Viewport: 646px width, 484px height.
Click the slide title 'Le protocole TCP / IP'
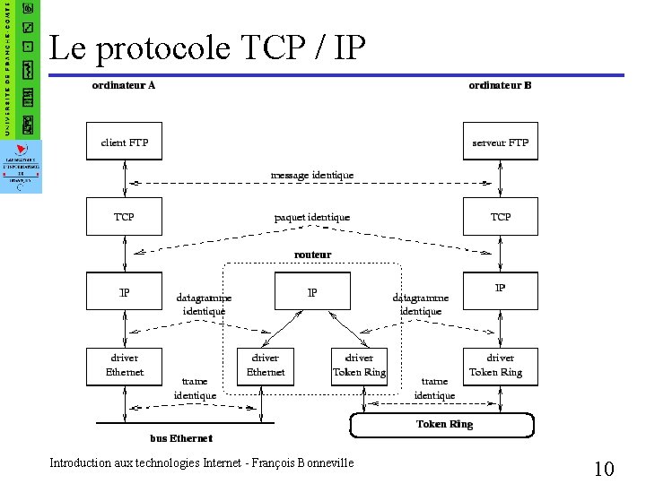[207, 48]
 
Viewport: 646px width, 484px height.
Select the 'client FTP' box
[124, 142]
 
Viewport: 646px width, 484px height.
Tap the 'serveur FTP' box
[500, 142]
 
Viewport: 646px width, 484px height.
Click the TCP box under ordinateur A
[124, 217]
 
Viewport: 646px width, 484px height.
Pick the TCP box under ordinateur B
[500, 217]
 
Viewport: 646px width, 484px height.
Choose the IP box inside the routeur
[311, 292]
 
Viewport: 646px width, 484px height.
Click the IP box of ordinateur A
[124, 292]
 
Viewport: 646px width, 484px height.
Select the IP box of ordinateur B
[500, 289]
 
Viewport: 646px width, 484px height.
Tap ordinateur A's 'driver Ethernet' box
[124, 366]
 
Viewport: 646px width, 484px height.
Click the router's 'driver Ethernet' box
[266, 366]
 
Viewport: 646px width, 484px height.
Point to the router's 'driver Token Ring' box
[359, 366]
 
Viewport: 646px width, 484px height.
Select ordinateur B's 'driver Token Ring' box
[500, 366]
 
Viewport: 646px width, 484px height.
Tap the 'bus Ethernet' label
[181, 438]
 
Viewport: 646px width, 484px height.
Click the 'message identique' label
[312, 175]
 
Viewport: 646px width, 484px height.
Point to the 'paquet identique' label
[312, 217]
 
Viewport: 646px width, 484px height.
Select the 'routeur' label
[312, 255]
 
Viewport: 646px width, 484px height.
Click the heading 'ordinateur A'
[124, 86]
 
